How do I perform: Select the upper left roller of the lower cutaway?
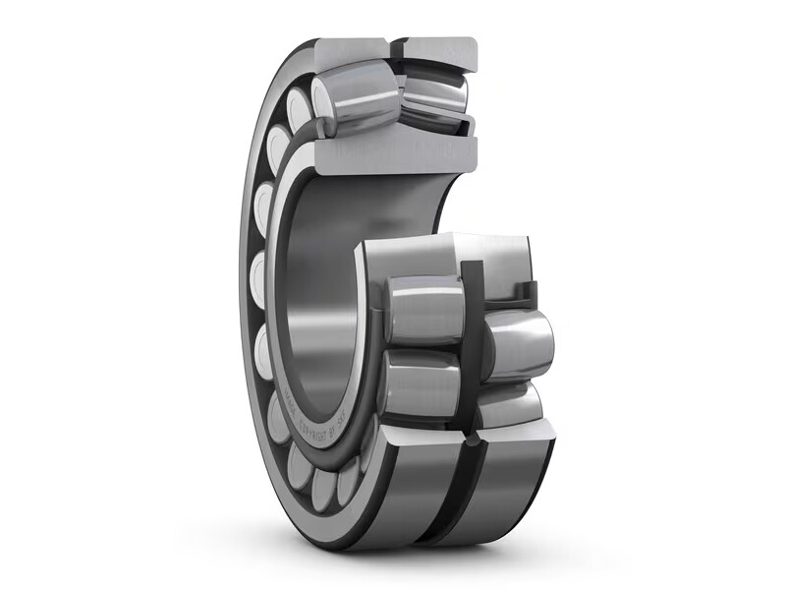click(x=424, y=310)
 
